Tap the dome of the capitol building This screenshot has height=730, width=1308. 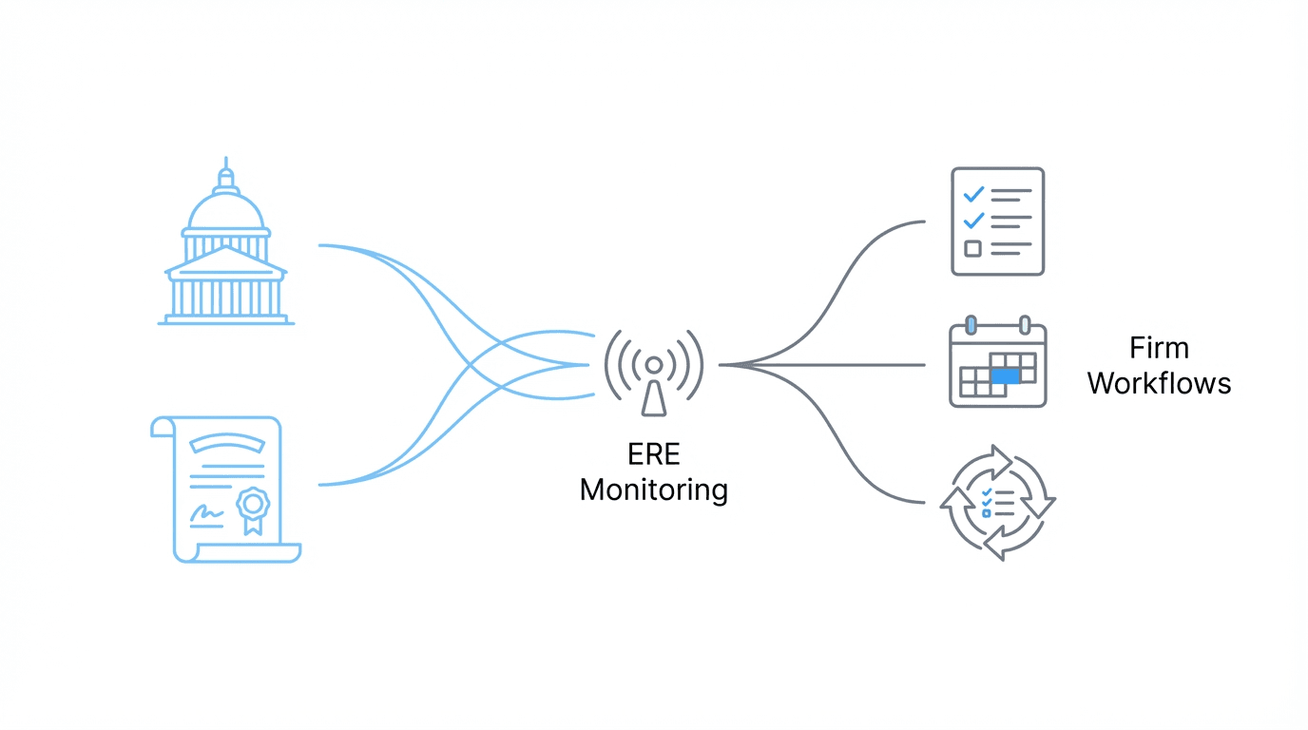225,209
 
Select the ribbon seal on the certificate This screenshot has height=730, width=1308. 253,506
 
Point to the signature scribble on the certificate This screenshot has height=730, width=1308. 206,514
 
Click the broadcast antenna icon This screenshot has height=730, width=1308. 654,373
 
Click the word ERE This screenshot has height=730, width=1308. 654,453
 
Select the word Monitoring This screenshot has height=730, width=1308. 654,490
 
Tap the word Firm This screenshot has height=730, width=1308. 1159,347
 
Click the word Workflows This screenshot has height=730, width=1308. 1159,383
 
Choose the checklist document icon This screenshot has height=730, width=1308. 998,221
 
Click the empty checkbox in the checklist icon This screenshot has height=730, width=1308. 972,249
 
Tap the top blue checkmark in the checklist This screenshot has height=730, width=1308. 973,194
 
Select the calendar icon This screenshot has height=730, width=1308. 998,365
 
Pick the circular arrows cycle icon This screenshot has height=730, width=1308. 998,501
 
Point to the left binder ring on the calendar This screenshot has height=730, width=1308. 971,325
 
